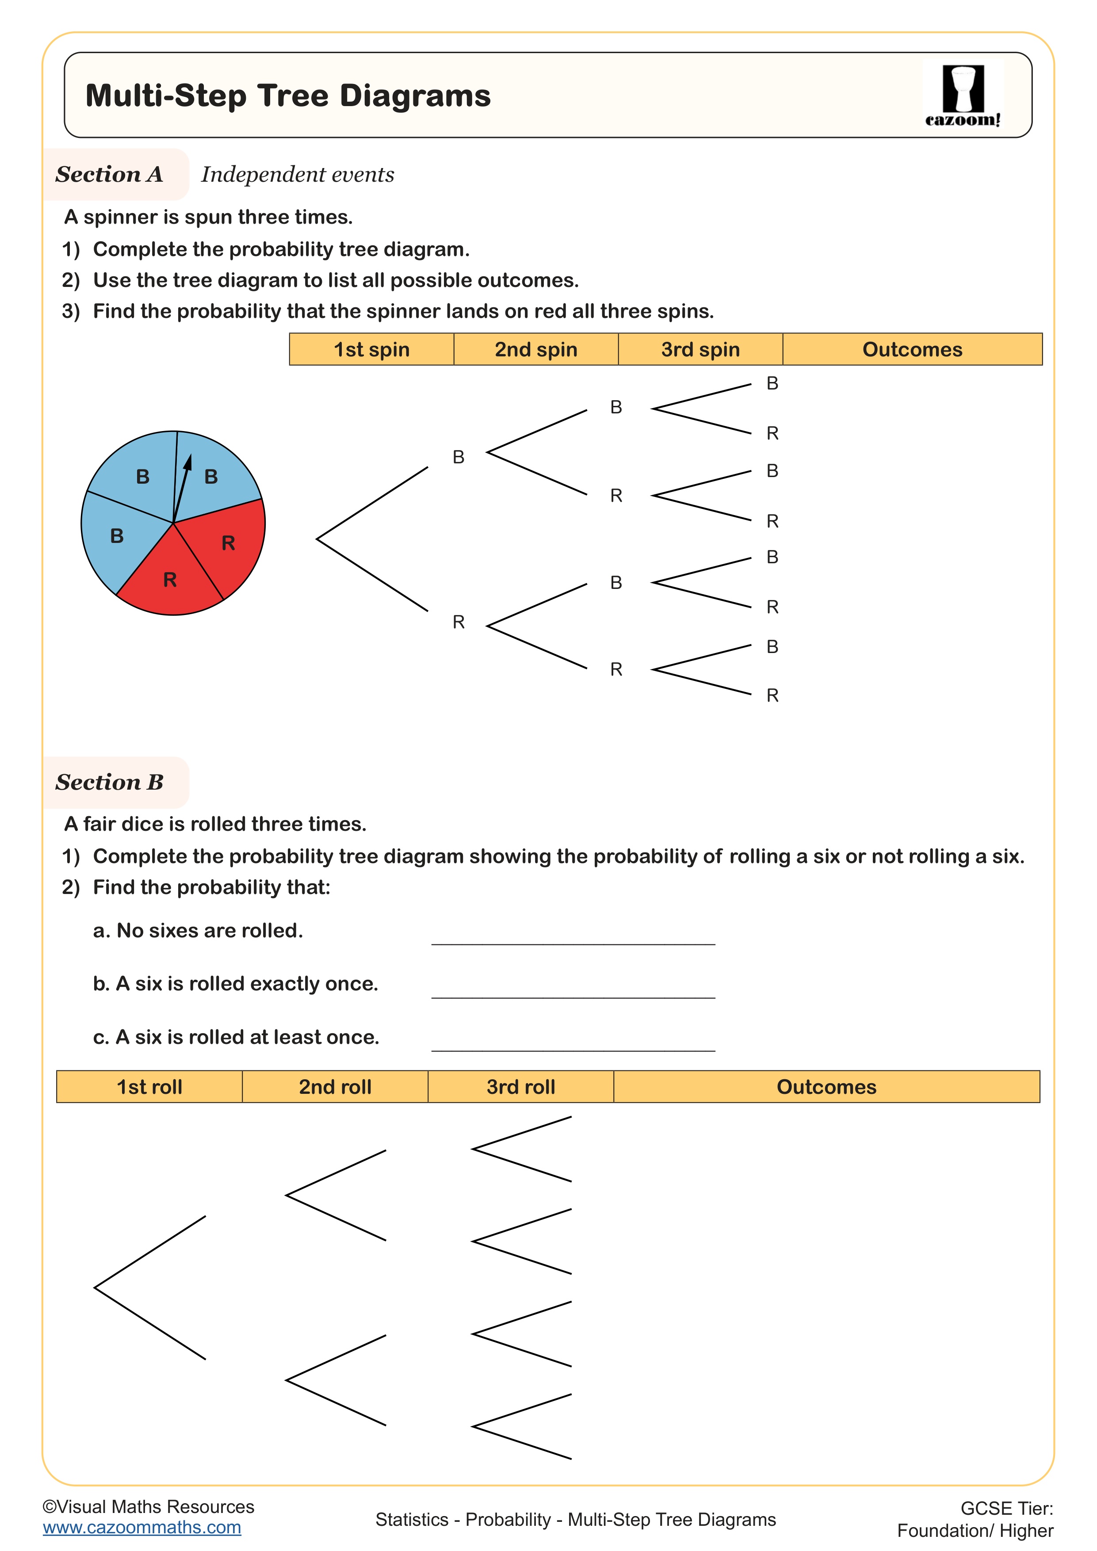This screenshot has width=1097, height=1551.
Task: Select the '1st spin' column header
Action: click(371, 349)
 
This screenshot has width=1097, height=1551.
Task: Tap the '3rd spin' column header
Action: click(700, 349)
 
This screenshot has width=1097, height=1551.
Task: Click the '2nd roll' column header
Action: click(335, 1087)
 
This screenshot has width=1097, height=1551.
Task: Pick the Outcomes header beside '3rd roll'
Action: click(826, 1087)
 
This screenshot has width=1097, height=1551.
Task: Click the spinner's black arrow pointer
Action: click(182, 483)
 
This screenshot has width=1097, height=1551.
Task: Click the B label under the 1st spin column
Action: click(459, 457)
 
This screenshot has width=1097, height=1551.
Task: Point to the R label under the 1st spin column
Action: click(459, 622)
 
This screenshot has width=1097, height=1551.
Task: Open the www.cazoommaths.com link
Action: click(142, 1528)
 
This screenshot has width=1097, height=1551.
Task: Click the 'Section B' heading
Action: click(109, 782)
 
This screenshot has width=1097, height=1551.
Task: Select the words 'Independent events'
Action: click(297, 174)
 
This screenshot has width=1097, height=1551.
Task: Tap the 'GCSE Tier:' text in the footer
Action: click(1006, 1509)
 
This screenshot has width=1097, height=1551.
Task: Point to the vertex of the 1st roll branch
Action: click(95, 1287)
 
